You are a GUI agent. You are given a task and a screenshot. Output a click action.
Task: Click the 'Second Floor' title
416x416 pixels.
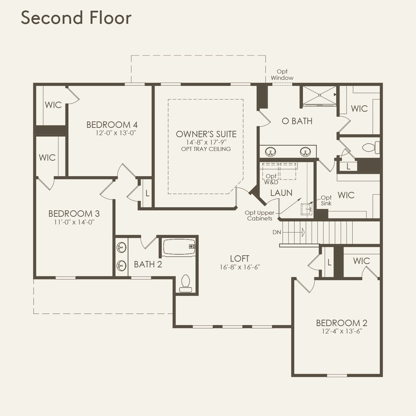[76, 17]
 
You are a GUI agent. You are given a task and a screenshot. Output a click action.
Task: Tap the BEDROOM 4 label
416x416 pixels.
[112, 125]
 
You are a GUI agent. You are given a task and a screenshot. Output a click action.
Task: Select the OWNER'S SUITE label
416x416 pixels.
[206, 134]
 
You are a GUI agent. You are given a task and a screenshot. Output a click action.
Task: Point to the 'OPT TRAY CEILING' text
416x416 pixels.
[206, 149]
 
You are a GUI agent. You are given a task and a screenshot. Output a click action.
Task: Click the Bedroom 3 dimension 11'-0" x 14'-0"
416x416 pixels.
[74, 222]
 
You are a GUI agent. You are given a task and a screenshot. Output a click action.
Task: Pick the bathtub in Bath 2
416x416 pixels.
[179, 247]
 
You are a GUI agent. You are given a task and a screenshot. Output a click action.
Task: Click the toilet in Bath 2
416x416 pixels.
[186, 283]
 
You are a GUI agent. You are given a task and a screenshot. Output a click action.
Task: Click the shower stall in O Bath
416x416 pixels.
[319, 95]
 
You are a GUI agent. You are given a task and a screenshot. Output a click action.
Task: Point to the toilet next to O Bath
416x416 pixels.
[370, 147]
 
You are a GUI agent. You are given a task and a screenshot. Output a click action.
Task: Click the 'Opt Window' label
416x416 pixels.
[282, 74]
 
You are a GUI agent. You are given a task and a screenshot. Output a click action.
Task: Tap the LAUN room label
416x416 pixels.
[281, 193]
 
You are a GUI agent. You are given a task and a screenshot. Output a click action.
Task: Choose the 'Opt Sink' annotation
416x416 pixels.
[326, 200]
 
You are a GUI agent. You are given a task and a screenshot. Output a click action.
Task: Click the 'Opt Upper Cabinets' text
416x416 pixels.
[259, 215]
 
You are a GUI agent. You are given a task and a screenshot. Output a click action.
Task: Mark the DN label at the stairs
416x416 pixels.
[277, 232]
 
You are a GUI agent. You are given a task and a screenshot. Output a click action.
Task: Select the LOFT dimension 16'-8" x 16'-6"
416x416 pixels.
[240, 267]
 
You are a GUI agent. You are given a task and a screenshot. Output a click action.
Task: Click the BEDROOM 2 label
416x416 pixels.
[342, 323]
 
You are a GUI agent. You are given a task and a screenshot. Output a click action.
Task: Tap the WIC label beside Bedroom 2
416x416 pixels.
[361, 261]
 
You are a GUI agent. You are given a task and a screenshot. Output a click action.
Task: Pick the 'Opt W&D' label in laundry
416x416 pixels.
[271, 179]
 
